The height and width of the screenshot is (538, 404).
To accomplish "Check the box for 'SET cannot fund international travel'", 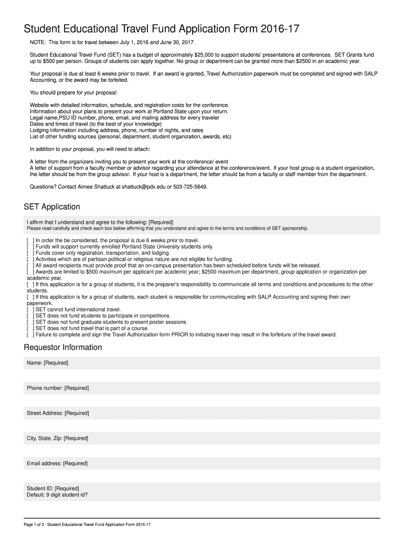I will pyautogui.click(x=30, y=309).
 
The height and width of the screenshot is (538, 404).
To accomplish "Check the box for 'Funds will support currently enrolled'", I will pyautogui.click(x=30, y=246).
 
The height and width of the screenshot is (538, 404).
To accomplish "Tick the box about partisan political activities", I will pyautogui.click(x=30, y=259).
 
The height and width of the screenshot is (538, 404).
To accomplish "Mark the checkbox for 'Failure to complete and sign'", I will pyautogui.click(x=30, y=335).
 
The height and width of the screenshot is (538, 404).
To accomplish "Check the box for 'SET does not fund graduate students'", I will pyautogui.click(x=30, y=322).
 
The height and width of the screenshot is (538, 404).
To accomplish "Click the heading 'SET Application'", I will pyautogui.click(x=52, y=206).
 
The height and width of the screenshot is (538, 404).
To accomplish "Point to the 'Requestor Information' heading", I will pyautogui.click(x=63, y=347).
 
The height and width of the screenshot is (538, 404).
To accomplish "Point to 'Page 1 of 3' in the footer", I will pyautogui.click(x=34, y=525).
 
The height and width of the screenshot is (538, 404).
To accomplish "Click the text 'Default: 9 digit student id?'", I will pyautogui.click(x=57, y=494).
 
